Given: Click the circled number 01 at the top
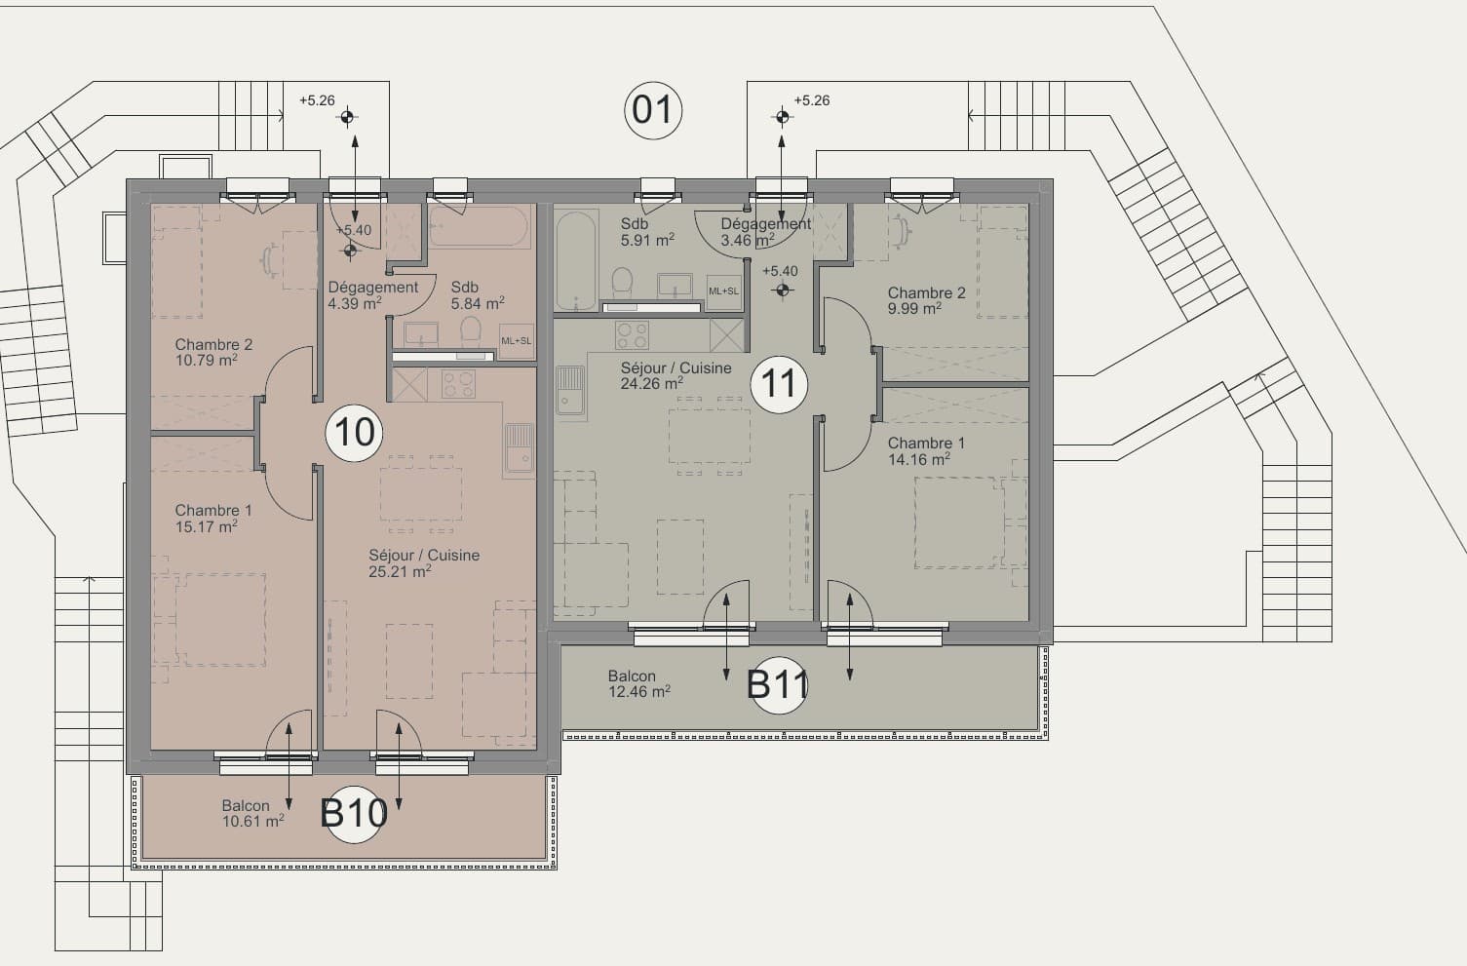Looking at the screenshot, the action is tap(653, 110).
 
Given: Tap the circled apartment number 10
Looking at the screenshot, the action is tap(354, 432).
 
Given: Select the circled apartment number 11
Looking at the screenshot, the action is tap(779, 384).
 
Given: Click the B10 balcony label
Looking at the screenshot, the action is tap(354, 813).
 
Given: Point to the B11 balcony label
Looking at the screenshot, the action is tap(778, 684).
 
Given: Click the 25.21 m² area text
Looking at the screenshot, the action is tap(400, 572).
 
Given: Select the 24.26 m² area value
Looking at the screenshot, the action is tap(652, 383).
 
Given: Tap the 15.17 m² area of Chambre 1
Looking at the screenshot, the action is tap(207, 526).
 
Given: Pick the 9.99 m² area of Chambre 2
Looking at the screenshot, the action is tap(914, 308).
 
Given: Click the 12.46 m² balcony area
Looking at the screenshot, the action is tap(639, 691).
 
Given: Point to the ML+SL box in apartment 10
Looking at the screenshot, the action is tap(517, 341).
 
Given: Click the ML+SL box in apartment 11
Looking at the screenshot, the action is tap(723, 291).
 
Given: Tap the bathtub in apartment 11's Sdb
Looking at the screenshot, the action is tap(576, 260).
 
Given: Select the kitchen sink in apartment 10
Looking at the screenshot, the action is tap(520, 450).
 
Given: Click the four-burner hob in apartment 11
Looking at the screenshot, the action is tap(632, 334).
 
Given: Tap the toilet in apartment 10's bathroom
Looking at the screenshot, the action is tap(470, 332).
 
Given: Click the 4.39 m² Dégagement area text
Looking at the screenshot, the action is tap(355, 304).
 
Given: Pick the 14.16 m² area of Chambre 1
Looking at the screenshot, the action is tap(919, 460).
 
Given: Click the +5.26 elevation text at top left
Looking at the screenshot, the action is tap(317, 100).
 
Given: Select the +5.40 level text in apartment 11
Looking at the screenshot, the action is tap(780, 271).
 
